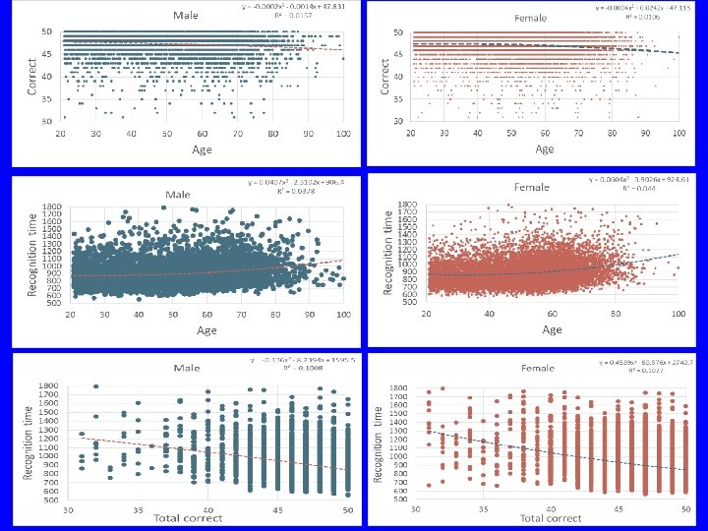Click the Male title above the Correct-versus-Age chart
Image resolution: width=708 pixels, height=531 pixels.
pos(183,15)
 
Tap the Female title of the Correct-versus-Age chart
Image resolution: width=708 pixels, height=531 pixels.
pos(531,18)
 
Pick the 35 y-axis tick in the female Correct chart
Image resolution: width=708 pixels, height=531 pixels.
pos(397,98)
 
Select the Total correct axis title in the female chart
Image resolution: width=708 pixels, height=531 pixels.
pos(553,518)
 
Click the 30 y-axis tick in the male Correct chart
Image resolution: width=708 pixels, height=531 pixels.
pos(47,120)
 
